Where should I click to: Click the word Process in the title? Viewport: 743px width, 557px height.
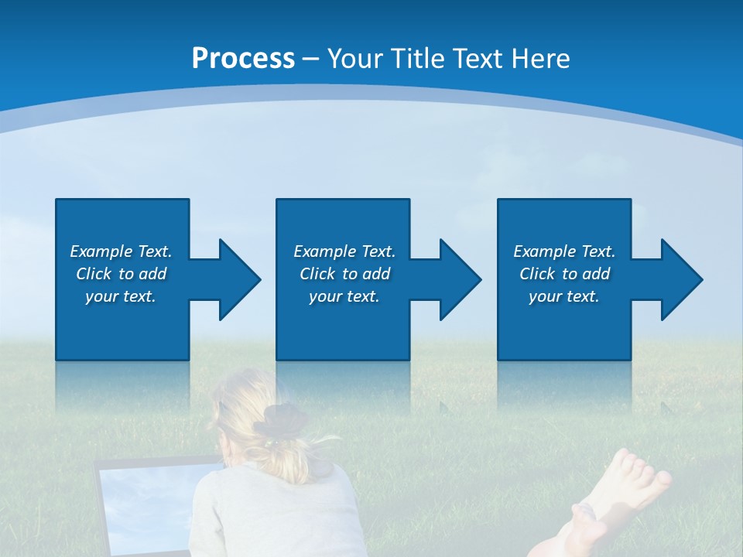pyautogui.click(x=243, y=59)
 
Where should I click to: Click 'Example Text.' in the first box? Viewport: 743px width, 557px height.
pyautogui.click(x=121, y=251)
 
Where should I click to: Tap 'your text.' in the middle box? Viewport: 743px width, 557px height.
pyautogui.click(x=344, y=296)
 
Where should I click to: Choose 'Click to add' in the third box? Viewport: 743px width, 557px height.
pyautogui.click(x=564, y=274)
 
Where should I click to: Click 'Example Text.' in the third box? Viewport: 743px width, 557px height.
pyautogui.click(x=564, y=251)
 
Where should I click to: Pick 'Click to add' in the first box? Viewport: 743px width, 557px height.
pyautogui.click(x=121, y=274)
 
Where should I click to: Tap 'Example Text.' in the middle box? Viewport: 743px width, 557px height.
pyautogui.click(x=344, y=251)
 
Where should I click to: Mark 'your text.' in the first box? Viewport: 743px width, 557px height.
pyautogui.click(x=121, y=296)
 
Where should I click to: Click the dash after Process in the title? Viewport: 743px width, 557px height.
pyautogui.click(x=310, y=60)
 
